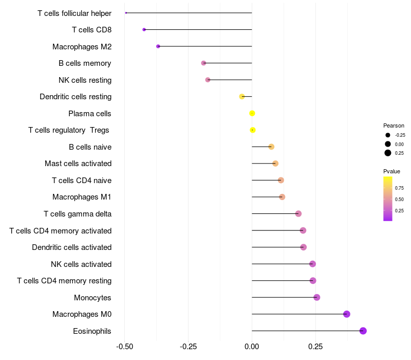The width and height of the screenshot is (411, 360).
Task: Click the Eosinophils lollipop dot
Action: [363, 331]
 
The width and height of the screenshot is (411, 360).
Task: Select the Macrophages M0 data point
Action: [347, 314]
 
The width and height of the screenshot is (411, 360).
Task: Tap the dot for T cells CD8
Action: [144, 29]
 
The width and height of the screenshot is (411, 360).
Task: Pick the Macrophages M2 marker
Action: [158, 46]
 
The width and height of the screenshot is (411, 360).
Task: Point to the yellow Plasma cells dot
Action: [252, 113]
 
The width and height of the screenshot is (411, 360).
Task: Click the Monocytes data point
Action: [317, 297]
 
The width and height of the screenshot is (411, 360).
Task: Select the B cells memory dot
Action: [203, 63]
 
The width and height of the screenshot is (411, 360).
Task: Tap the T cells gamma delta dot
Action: [298, 213]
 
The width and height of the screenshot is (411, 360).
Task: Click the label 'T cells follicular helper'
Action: [74, 13]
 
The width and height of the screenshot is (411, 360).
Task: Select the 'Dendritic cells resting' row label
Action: [76, 97]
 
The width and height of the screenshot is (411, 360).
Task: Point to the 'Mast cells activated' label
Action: [78, 164]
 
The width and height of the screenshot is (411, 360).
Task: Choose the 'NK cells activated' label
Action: [81, 264]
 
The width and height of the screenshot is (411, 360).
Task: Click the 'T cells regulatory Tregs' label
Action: [69, 130]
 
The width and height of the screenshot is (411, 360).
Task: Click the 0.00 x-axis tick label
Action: [252, 347]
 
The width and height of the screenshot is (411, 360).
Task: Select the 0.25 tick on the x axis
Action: [315, 347]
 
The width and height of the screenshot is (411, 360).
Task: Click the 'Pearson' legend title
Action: [394, 125]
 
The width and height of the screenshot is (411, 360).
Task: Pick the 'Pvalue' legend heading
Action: [391, 171]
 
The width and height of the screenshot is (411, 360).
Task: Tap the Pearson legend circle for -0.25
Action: [388, 135]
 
